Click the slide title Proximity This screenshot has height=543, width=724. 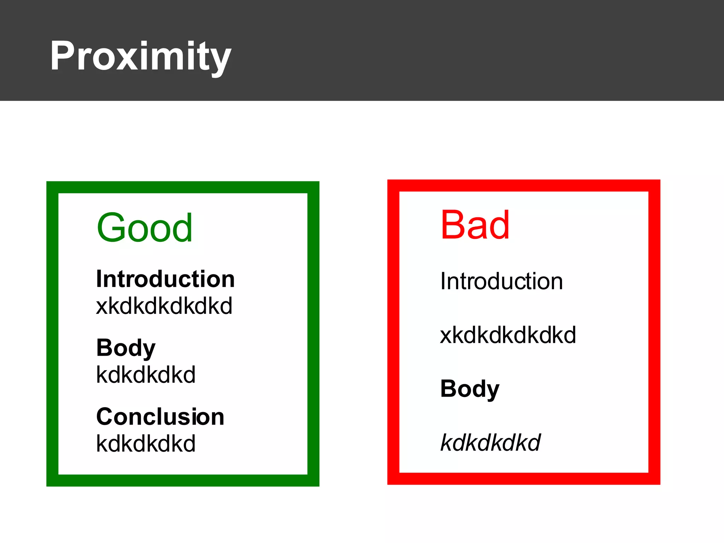140,57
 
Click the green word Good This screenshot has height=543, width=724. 145,228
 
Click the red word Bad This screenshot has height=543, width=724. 475,225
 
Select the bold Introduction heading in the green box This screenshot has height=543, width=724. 165,279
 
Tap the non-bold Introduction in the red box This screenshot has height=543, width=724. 501,281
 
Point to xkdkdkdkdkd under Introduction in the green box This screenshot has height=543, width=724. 164,306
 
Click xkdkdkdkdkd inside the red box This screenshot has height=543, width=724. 508,335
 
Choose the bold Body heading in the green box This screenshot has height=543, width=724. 125,348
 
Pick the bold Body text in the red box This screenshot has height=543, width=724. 469,389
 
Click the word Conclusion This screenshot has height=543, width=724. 160,417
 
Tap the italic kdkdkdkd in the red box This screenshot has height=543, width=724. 490,443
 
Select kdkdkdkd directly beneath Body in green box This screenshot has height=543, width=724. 146,375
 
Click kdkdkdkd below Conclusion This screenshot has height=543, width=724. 146,444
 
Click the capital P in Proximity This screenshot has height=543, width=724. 63,56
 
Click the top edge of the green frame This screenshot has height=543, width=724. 183,187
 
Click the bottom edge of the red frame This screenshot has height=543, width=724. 524,478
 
